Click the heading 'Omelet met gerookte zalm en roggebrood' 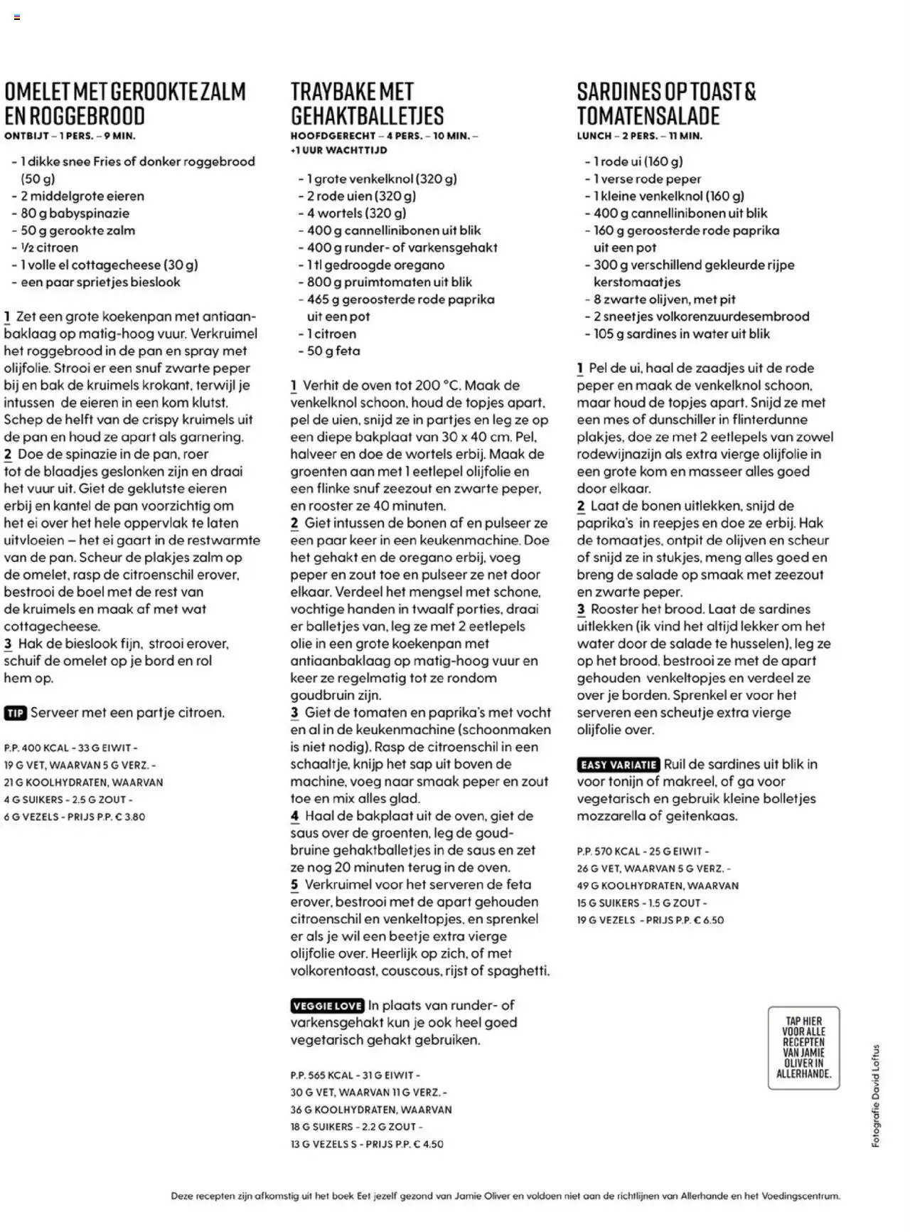(125, 104)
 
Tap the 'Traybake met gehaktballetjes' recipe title (367, 104)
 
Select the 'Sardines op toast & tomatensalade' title (666, 104)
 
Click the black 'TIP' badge (15, 713)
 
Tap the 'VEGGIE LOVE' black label (327, 1006)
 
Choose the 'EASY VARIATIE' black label (619, 765)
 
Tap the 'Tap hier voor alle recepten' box (803, 1047)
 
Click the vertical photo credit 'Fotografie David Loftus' (876, 1095)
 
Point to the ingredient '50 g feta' (333, 351)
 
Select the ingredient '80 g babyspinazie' (75, 213)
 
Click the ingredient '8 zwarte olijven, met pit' (664, 299)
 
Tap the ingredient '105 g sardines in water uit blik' (681, 334)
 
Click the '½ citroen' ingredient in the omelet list (49, 248)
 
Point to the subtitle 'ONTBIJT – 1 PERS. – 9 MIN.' (70, 136)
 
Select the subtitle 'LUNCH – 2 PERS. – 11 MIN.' (639, 136)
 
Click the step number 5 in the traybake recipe (294, 885)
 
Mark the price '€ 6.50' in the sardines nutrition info (709, 920)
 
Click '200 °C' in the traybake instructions (438, 386)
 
